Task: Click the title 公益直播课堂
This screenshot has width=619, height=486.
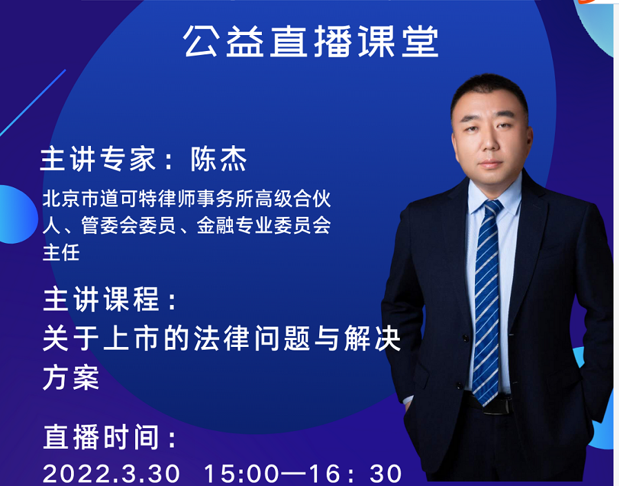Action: pos(310,41)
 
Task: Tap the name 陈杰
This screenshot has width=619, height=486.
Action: pos(219,159)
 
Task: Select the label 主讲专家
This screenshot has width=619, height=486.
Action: pos(98,159)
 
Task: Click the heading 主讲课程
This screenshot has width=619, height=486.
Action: pos(101,299)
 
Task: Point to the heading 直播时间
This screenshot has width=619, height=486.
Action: pos(101,436)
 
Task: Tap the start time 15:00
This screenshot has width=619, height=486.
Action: pos(241,473)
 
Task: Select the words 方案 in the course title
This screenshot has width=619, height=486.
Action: pos(71,378)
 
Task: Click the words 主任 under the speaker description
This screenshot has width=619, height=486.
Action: pos(61,252)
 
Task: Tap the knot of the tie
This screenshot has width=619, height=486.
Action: pos(492,208)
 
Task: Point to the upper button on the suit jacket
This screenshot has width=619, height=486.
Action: pos(466,338)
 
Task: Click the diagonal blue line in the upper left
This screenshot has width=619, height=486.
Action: pos(33,103)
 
